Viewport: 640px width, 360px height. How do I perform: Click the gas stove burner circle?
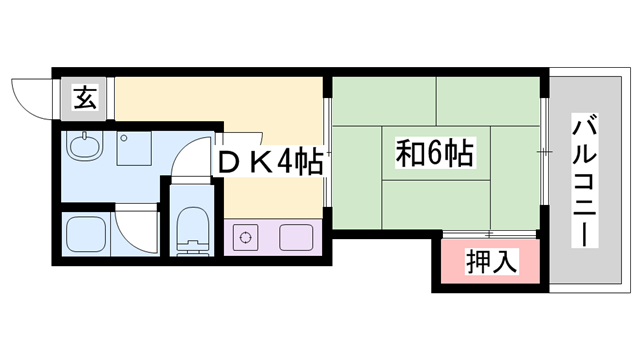tap(245, 238)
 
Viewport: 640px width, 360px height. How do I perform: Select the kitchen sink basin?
tap(295, 238)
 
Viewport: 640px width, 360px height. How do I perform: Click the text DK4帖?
tap(268, 160)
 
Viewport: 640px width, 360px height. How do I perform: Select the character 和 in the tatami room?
tap(407, 155)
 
